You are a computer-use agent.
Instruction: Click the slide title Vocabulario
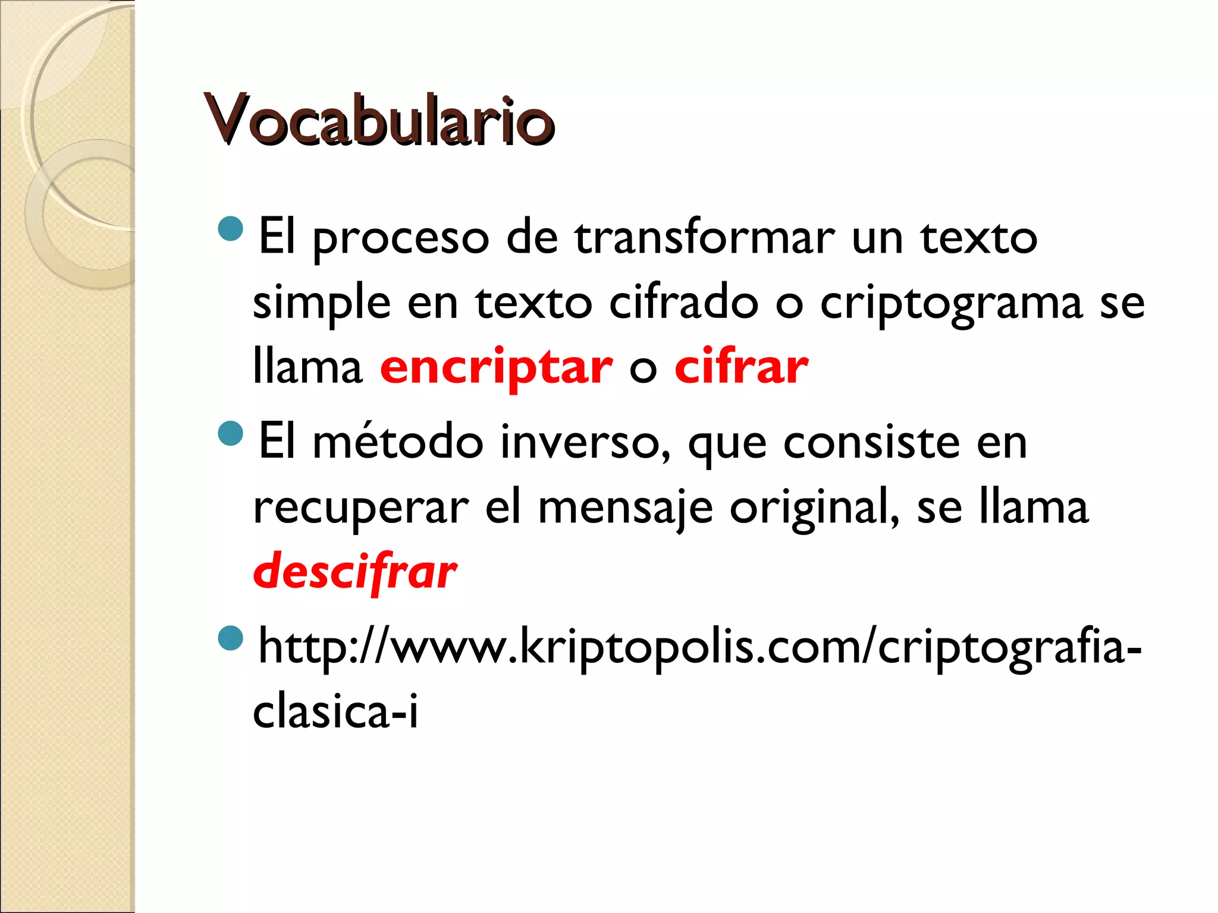(379, 120)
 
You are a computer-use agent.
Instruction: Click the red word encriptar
(496, 367)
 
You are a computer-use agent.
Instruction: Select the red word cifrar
(741, 367)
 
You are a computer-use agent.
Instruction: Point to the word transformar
(704, 238)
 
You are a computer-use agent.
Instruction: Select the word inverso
(585, 443)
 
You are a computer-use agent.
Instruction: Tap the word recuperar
(361, 509)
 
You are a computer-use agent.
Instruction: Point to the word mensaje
(625, 509)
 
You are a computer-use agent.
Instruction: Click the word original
(814, 509)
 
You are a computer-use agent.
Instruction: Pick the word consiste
(871, 443)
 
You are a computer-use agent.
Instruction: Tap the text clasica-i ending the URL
(335, 712)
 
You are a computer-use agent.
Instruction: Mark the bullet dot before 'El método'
(231, 433)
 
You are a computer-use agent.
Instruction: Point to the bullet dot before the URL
(231, 638)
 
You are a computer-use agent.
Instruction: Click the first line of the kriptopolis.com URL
(699, 648)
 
